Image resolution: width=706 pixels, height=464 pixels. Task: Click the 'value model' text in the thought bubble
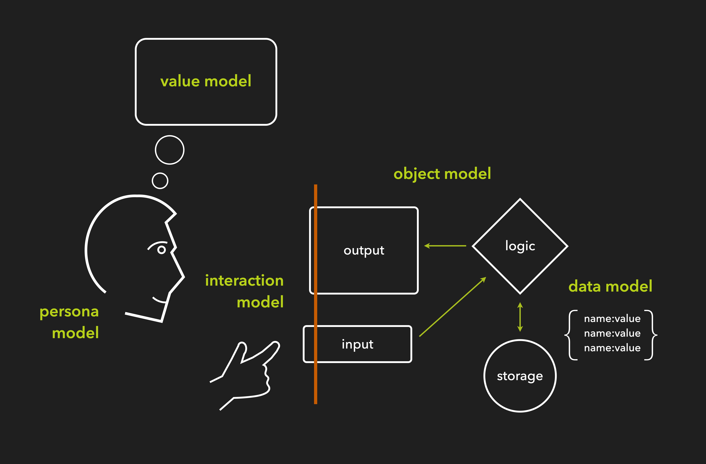[206, 81]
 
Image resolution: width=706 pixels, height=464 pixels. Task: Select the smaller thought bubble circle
[160, 181]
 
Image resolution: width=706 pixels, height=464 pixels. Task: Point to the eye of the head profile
[161, 250]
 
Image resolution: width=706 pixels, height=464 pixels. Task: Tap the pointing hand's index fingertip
[276, 345]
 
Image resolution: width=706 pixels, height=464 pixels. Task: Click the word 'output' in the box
[364, 250]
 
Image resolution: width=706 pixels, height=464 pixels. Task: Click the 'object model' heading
[442, 173]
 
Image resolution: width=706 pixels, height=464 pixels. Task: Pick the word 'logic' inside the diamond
[520, 246]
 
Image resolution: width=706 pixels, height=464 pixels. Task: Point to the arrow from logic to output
[445, 246]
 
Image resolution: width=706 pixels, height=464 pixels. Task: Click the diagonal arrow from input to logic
[452, 307]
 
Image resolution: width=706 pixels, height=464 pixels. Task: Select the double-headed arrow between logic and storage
[520, 317]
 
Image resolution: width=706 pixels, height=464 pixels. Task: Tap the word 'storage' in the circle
[520, 376]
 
